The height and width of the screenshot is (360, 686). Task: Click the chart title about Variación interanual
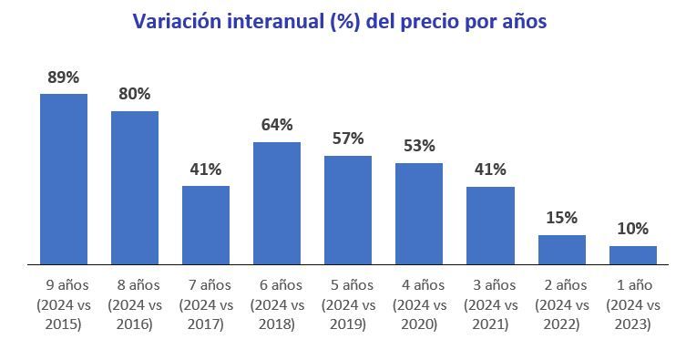pos(340,21)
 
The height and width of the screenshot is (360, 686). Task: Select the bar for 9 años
pos(64,179)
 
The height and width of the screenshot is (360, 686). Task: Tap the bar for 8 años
pos(135,188)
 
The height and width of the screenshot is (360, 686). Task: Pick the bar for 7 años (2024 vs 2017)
pos(206,225)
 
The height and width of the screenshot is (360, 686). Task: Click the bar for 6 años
pos(277,203)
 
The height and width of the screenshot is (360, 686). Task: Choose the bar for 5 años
pos(348,210)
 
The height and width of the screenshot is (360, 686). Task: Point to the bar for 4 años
pos(419,214)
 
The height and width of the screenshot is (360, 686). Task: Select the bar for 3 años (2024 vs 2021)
pos(490,225)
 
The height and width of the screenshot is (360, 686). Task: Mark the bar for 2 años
pos(561,250)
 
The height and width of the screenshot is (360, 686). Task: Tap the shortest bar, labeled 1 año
pos(632,255)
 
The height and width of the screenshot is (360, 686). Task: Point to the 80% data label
pos(134,94)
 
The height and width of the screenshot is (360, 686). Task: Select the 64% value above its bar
pos(277,125)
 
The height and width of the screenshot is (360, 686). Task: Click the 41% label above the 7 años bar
pos(206,169)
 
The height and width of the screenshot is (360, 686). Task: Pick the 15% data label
pos(561,218)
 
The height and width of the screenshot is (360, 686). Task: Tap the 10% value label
pos(632,229)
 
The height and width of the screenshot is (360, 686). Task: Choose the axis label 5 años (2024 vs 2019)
pos(348,304)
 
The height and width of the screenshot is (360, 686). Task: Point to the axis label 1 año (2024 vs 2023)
pos(632,304)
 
